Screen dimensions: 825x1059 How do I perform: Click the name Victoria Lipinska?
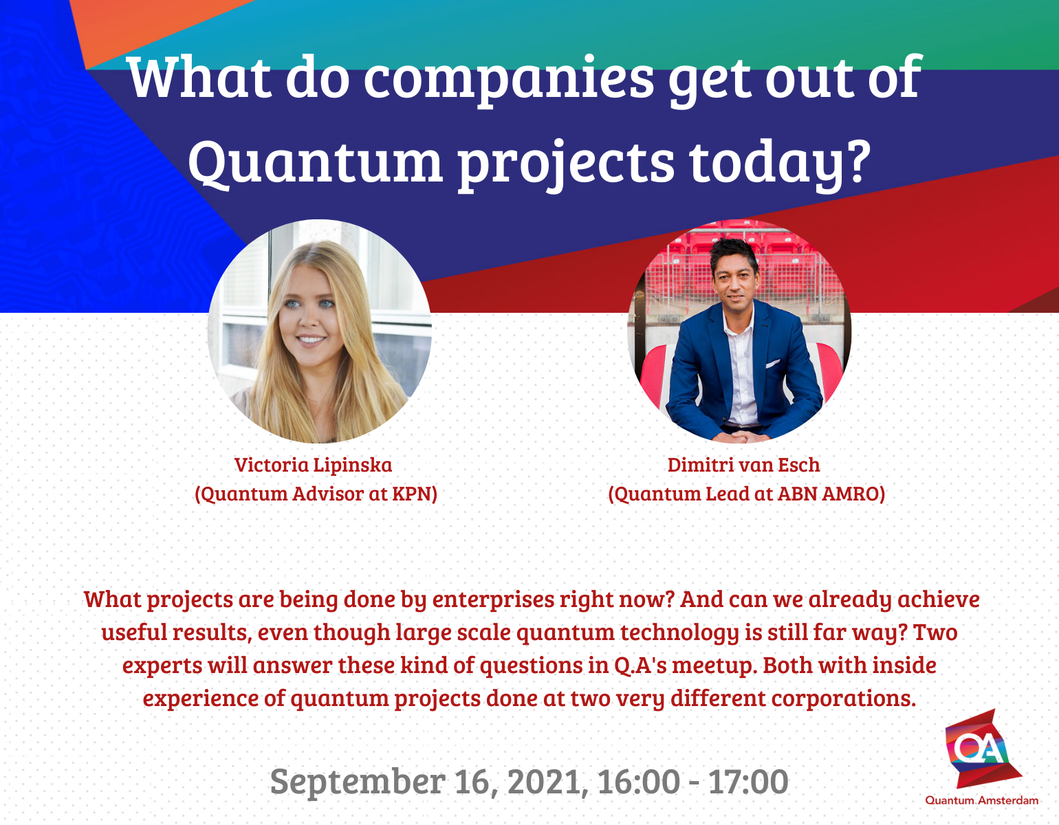coord(313,465)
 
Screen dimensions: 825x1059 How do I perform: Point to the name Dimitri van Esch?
coord(743,465)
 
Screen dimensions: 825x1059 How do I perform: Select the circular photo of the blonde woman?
coord(320,331)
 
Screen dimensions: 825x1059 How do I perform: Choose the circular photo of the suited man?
coord(739,331)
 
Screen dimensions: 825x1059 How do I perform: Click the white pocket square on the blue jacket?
coord(773,364)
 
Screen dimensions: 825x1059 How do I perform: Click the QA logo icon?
coord(981,749)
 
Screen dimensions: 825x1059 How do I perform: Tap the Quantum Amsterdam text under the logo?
coord(981,800)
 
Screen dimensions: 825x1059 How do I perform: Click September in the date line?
coord(358,782)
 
